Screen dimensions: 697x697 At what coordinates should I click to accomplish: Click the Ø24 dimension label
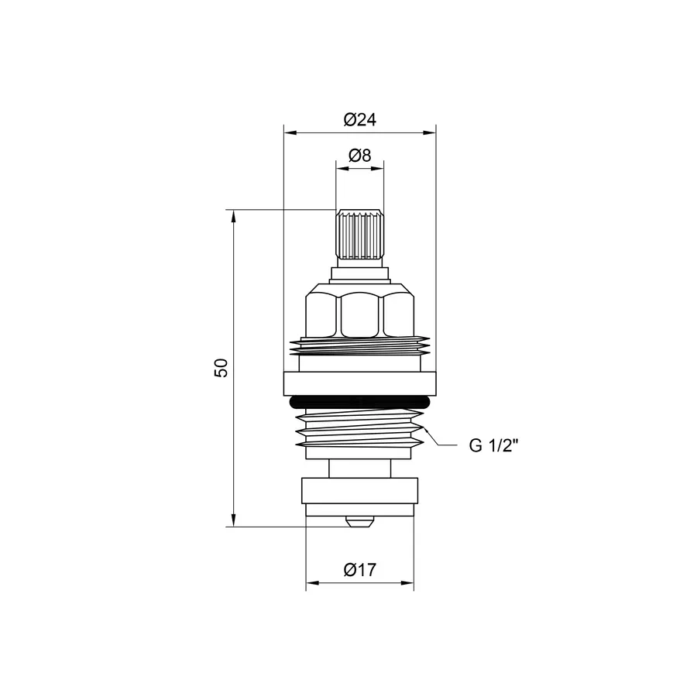359,120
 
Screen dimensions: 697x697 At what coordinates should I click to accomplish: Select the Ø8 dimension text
359,156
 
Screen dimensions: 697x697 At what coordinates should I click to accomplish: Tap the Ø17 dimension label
359,570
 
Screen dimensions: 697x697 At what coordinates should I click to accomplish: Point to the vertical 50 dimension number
222,367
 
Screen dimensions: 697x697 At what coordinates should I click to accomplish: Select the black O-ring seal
359,402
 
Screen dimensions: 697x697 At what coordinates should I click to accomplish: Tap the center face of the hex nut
359,313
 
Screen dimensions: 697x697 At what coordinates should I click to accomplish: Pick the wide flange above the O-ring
359,383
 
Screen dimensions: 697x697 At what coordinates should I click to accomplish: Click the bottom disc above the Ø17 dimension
359,496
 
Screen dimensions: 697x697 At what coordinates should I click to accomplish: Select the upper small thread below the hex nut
359,347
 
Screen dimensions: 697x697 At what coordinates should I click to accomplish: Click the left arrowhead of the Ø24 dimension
289,132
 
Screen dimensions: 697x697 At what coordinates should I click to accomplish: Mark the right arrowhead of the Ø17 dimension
409,582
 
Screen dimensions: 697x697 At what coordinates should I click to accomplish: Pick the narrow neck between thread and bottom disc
359,469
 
